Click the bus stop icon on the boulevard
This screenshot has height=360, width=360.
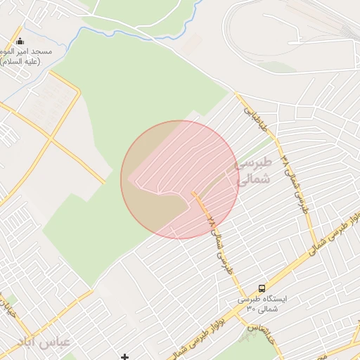[262, 288]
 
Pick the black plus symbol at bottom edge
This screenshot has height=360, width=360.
[125, 357]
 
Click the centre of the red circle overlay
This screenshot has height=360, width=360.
[180, 179]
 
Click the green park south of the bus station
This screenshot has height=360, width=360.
[247, 335]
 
